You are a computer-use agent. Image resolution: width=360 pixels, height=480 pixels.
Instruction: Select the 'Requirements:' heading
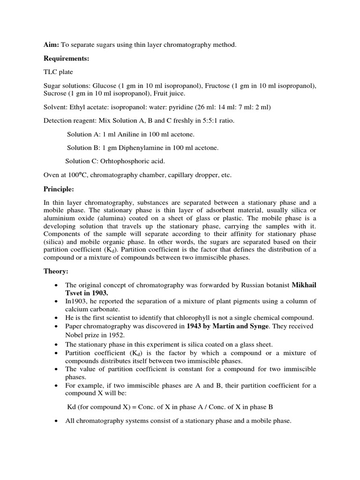click(66, 59)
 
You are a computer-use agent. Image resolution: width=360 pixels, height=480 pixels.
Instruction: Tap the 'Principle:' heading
click(59, 189)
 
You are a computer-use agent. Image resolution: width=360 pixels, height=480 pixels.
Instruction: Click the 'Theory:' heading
click(56, 271)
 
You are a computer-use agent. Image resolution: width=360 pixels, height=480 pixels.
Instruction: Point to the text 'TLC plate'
click(59, 73)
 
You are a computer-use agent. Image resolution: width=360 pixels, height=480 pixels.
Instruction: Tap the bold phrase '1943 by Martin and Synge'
click(227, 326)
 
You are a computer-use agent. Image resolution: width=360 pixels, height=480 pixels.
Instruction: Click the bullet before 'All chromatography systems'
click(56, 421)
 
